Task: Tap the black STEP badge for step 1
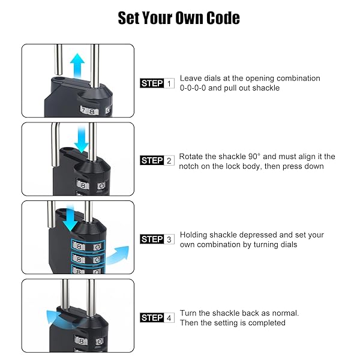[152, 83]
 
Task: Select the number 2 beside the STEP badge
[169, 161]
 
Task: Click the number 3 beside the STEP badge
[169, 239]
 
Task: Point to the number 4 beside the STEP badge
[169, 318]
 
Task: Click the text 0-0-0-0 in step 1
[193, 88]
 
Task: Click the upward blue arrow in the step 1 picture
[77, 65]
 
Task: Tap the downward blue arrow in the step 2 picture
[81, 139]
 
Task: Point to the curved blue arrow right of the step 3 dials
[118, 255]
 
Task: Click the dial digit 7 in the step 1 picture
[84, 110]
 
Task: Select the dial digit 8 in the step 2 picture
[83, 185]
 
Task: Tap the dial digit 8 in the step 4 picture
[81, 341]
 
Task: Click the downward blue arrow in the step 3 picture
[70, 218]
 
